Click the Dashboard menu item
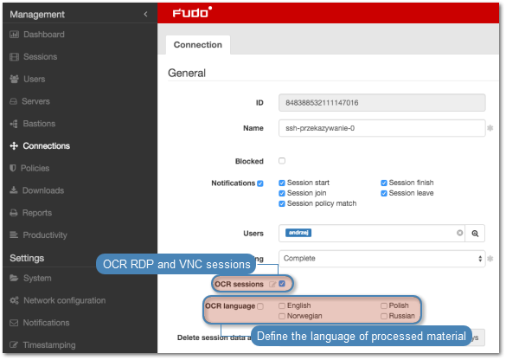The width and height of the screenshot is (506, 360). [x=37, y=35]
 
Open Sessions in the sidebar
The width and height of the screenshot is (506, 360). [x=34, y=56]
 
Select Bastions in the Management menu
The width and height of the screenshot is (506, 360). [x=33, y=124]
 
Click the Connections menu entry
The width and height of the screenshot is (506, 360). [x=40, y=145]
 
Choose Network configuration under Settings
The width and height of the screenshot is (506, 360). [x=58, y=300]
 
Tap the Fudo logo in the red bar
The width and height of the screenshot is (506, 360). [x=192, y=12]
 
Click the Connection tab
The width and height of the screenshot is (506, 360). [x=198, y=44]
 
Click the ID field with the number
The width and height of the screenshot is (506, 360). [x=381, y=103]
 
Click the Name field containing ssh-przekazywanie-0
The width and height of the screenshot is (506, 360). [x=381, y=128]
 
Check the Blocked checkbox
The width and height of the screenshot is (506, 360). [x=282, y=161]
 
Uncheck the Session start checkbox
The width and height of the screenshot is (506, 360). [x=282, y=183]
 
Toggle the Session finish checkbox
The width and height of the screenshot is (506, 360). [x=384, y=183]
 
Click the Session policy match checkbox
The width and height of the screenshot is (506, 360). [x=282, y=203]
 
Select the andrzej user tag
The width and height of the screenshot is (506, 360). [x=298, y=233]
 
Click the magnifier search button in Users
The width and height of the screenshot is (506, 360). [x=475, y=233]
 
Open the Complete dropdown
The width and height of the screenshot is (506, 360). [x=381, y=258]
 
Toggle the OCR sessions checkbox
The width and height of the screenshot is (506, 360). [x=282, y=284]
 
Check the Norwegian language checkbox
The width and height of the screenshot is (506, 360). [x=282, y=316]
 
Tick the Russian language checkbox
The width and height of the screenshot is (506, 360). [x=384, y=316]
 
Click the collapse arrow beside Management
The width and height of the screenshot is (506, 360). [x=145, y=14]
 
